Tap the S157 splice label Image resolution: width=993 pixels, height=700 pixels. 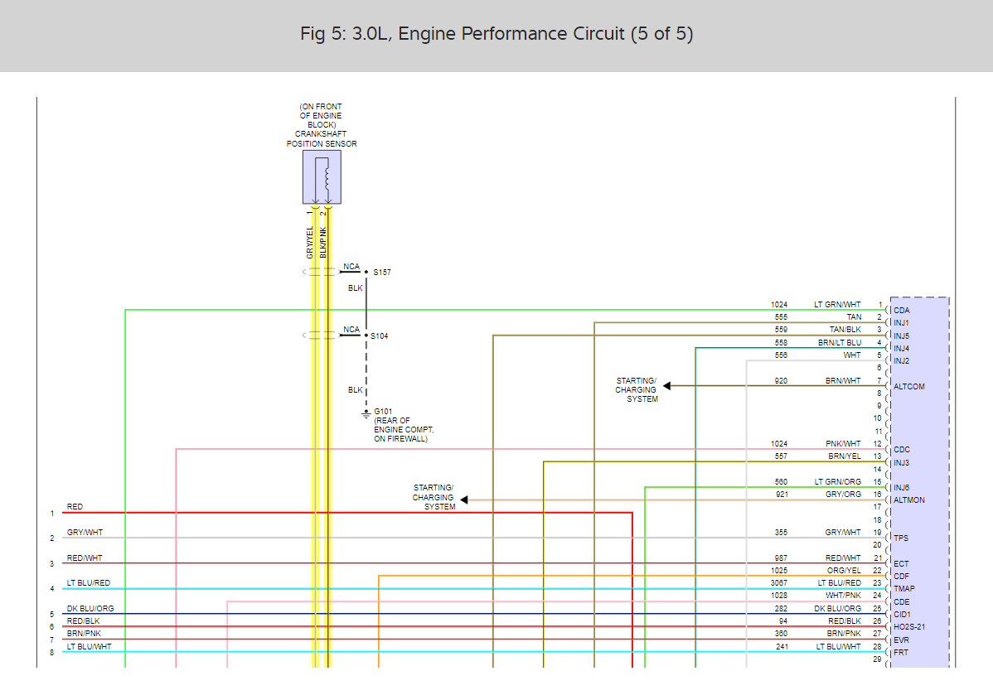click(381, 272)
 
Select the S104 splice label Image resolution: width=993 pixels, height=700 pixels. click(380, 336)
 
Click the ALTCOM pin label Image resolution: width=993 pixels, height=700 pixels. click(909, 387)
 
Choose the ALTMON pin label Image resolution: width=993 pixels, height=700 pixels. click(909, 500)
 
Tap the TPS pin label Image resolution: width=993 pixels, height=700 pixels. click(901, 538)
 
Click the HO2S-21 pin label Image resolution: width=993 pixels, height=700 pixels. click(909, 627)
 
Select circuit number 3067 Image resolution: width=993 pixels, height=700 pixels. click(779, 583)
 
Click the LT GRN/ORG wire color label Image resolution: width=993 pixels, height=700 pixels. click(837, 482)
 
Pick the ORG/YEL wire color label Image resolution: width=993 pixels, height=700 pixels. click(843, 571)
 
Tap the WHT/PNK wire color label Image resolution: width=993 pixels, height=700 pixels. click(843, 596)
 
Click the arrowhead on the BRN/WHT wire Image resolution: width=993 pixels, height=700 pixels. click(667, 386)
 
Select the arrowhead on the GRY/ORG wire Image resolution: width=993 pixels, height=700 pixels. click(464, 500)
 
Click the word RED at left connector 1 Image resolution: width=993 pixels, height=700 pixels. click(75, 507)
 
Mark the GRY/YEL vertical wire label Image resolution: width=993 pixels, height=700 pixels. click(310, 242)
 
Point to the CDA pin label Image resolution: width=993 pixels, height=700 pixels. click(902, 311)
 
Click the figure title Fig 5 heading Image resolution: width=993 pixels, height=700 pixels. click(496, 35)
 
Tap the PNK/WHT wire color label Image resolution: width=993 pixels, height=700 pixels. click(843, 444)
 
